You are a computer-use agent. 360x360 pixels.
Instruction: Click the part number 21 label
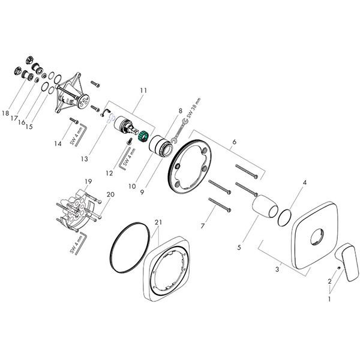158,223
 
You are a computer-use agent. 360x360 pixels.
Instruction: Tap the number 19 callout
88,181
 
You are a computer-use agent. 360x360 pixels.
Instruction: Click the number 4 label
304,182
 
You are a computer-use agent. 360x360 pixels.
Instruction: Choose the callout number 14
58,143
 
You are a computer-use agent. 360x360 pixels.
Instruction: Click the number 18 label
6,113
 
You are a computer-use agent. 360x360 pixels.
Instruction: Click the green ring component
144,137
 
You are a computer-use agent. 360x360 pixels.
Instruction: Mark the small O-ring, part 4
286,214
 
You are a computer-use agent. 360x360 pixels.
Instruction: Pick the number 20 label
110,194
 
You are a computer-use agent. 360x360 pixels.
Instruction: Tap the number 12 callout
110,173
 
